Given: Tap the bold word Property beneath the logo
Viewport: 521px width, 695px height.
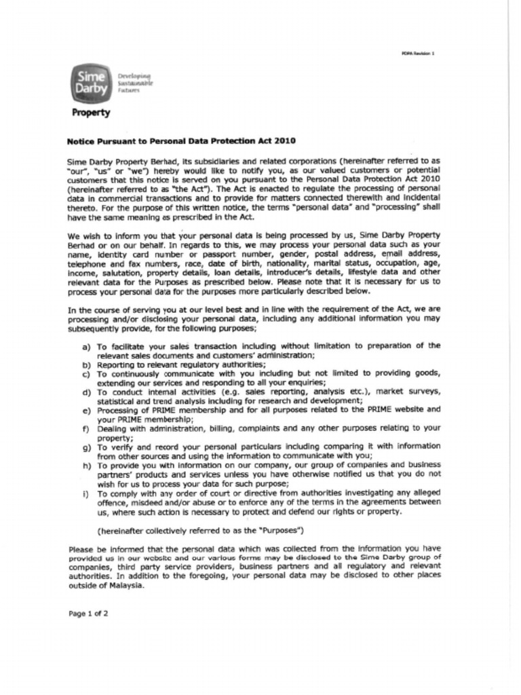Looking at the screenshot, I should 91,113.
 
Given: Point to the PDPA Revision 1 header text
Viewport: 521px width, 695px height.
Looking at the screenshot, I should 418,54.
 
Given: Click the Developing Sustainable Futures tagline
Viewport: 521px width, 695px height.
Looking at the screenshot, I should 135,83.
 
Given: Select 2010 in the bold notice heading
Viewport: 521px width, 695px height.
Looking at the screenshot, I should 284,141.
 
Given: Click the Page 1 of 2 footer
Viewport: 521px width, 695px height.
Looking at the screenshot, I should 89,614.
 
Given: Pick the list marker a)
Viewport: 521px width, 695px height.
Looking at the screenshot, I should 86,346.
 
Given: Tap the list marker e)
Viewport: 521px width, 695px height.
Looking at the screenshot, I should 86,411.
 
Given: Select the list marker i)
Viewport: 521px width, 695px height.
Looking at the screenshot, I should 86,494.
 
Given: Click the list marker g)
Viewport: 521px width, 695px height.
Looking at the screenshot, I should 86,448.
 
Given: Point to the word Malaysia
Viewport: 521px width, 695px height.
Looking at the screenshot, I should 126,586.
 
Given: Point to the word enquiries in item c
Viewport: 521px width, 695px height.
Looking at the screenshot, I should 304,383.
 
